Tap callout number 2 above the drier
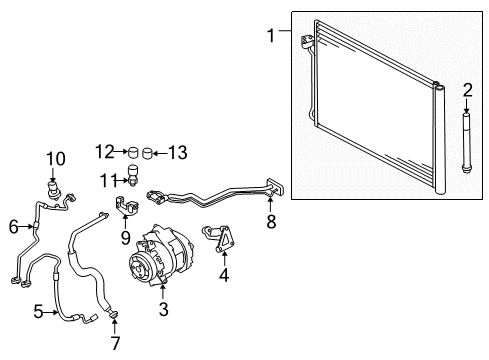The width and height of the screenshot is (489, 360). pyautogui.click(x=467, y=90)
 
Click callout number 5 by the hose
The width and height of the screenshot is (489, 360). pyautogui.click(x=37, y=311)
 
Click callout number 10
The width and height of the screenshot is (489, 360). pyautogui.click(x=55, y=157)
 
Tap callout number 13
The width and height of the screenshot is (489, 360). pyautogui.click(x=178, y=152)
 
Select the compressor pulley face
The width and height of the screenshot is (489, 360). pyautogui.click(x=142, y=270)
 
